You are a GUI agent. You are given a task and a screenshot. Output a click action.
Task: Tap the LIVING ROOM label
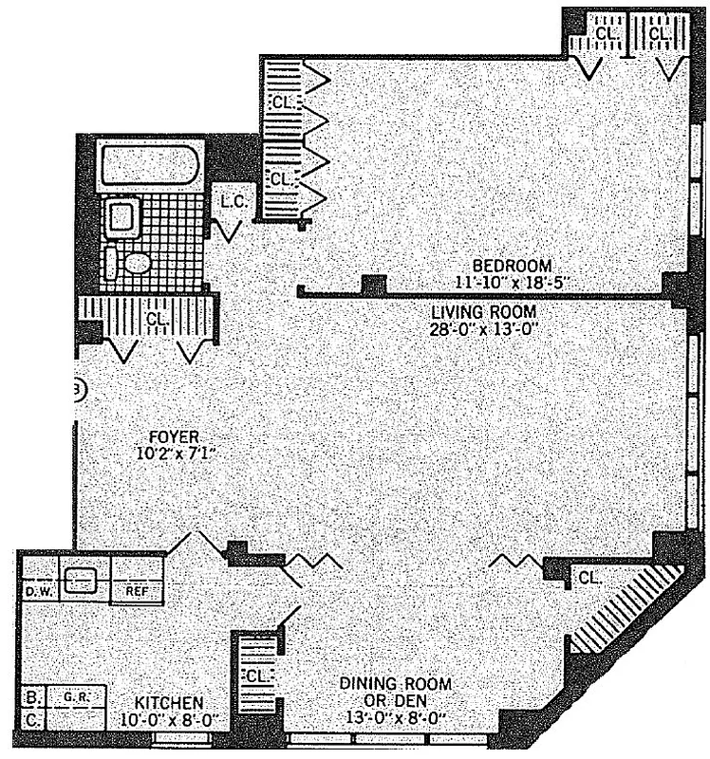click(x=484, y=312)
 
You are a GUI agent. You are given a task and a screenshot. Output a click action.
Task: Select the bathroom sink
click(x=121, y=218)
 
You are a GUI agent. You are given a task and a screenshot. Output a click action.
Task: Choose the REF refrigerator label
click(x=134, y=591)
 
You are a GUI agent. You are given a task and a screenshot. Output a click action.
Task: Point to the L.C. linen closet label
click(x=234, y=202)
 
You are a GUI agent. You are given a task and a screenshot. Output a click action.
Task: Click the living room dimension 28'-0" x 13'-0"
click(x=484, y=328)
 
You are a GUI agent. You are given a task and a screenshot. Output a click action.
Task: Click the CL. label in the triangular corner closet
click(x=589, y=577)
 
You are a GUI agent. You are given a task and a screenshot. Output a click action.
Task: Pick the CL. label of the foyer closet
click(x=157, y=320)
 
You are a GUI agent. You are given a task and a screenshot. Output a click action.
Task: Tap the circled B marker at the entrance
click(x=80, y=388)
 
